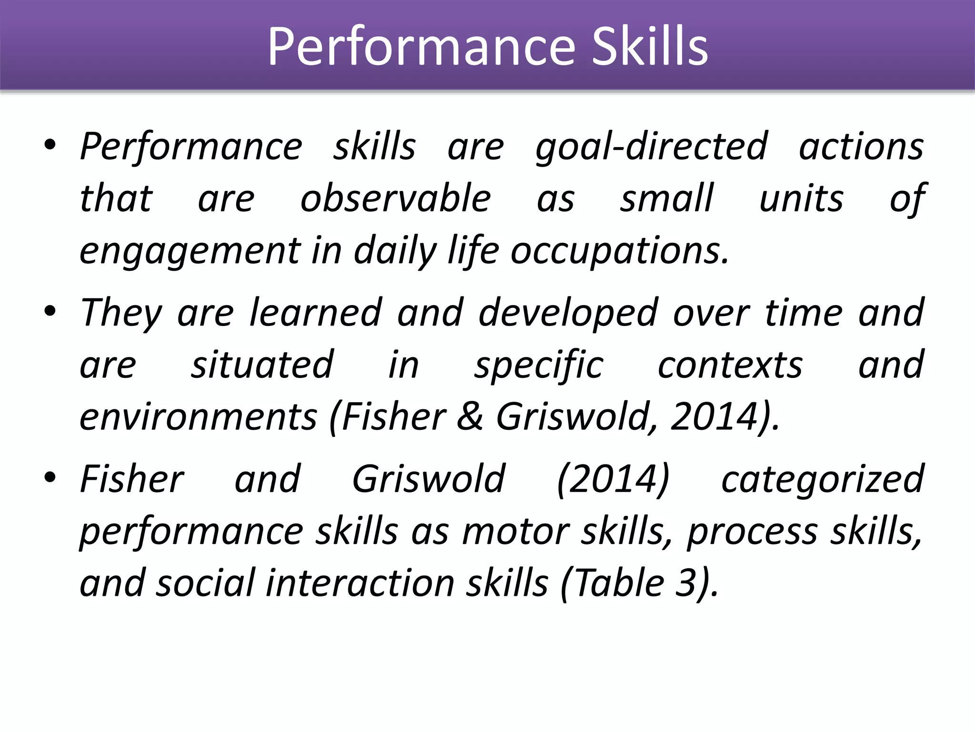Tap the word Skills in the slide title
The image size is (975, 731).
[650, 47]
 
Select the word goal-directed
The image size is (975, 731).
[651, 147]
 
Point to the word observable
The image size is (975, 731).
[396, 198]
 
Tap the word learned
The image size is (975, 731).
[316, 313]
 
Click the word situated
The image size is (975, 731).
[262, 365]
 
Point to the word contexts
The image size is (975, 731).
[730, 365]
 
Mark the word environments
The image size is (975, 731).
[198, 417]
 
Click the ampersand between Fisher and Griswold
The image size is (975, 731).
[470, 417]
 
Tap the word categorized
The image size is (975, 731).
[823, 480]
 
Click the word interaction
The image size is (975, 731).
[359, 583]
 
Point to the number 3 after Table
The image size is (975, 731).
[686, 583]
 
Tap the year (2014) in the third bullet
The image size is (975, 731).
[613, 479]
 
